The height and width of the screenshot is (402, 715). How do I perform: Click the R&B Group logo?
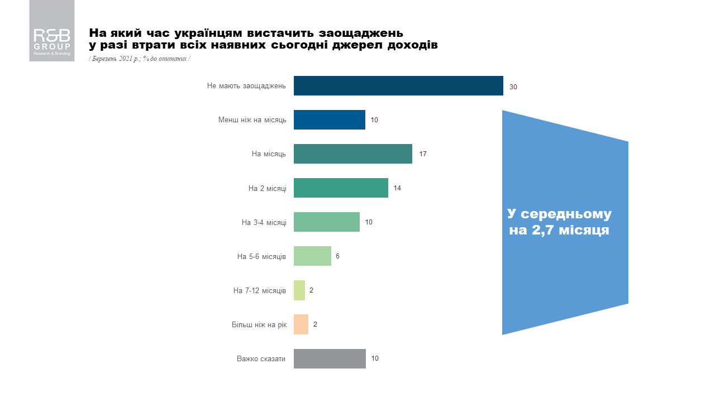(x=52, y=31)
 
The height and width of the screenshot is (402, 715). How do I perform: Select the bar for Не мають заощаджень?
(x=398, y=85)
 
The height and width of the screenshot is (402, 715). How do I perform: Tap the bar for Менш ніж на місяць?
(x=330, y=120)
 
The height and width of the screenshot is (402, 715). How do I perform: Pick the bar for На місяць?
(x=353, y=154)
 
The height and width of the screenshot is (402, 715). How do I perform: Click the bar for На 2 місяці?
(x=341, y=188)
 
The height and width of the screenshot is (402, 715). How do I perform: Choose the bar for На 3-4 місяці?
(x=327, y=222)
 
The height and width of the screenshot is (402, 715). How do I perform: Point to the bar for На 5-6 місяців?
(x=312, y=256)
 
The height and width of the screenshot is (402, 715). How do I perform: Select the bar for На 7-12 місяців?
(x=299, y=290)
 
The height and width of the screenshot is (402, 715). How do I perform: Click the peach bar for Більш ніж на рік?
(x=301, y=324)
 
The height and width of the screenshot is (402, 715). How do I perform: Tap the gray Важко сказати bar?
(x=330, y=358)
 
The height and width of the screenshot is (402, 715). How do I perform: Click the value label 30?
(x=513, y=87)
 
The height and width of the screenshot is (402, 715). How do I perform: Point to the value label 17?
(x=423, y=154)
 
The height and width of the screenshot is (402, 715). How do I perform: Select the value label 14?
(x=397, y=188)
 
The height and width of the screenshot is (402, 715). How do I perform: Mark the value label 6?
(x=337, y=256)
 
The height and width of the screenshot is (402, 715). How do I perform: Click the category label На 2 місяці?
(x=267, y=188)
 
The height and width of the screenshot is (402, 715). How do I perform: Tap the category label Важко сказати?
(x=261, y=358)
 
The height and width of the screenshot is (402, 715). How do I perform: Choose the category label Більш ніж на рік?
(x=259, y=324)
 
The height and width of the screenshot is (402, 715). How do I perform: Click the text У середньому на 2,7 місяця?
(x=559, y=222)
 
